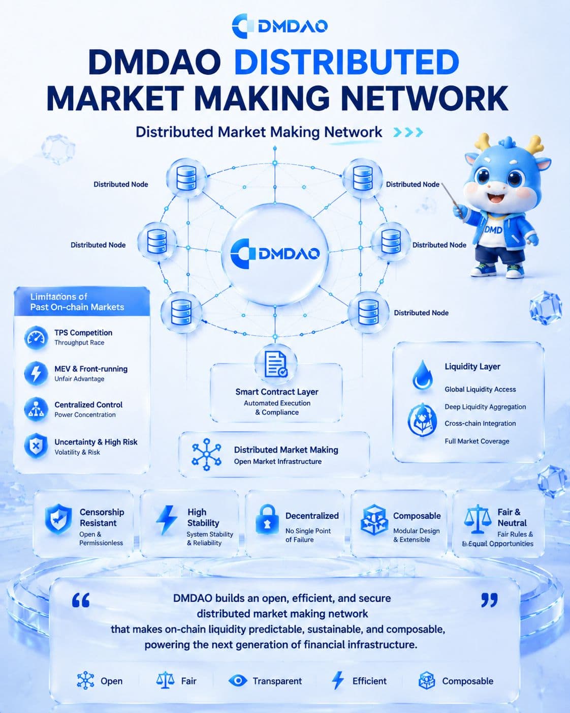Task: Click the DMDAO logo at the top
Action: [280, 26]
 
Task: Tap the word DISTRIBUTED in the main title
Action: [346, 62]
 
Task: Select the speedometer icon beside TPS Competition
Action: [36, 338]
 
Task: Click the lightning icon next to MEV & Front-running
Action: [36, 373]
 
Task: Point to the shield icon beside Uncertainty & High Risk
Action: [36, 445]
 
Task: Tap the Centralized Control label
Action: [88, 404]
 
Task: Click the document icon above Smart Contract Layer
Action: [276, 365]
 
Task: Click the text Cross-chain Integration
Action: [480, 424]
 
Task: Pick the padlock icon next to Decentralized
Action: [267, 520]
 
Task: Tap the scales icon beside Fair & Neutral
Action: [477, 519]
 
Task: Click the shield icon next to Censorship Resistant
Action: [58, 519]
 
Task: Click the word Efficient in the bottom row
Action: [369, 681]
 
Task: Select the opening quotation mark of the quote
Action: [81, 600]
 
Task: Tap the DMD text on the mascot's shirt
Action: [493, 229]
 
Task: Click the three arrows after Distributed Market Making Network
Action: [408, 132]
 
